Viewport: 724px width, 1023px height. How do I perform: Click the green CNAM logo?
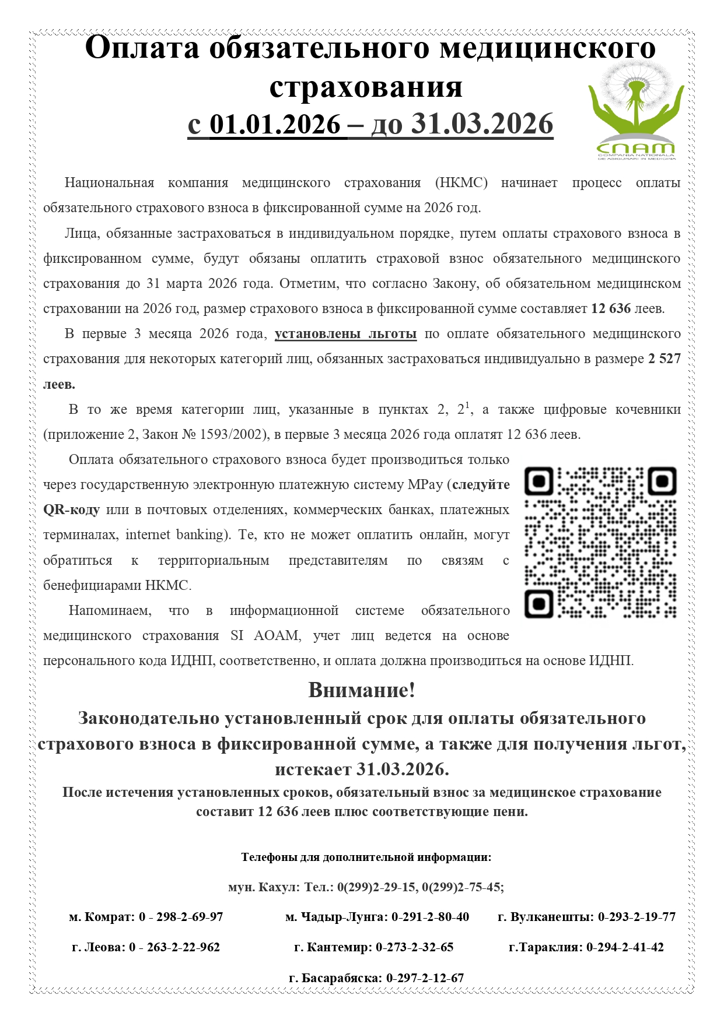(635, 111)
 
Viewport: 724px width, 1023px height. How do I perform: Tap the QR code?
(600, 543)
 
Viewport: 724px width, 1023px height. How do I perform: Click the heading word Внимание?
(362, 690)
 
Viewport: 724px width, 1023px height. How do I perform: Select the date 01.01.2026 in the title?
(275, 124)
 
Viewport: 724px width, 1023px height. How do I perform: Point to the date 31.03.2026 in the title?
(482, 124)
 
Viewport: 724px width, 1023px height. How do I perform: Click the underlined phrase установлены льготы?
(345, 334)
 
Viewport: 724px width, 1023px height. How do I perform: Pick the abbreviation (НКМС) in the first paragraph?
(461, 183)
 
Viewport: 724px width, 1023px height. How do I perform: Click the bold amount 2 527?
(664, 359)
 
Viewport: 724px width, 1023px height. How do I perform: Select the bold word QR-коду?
(72, 510)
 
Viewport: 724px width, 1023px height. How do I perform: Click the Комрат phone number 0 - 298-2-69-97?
(181, 917)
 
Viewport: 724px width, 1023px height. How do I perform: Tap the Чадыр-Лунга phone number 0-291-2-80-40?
(430, 917)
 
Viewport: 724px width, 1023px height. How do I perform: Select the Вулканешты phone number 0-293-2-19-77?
(636, 917)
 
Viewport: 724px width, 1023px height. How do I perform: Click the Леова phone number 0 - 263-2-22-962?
(174, 947)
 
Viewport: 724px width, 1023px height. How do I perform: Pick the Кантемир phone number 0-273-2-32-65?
(414, 947)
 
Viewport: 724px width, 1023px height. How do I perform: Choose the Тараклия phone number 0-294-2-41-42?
(625, 947)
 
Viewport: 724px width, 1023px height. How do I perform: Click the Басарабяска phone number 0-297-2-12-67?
(425, 978)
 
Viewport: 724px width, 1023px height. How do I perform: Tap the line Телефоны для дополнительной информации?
(366, 857)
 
